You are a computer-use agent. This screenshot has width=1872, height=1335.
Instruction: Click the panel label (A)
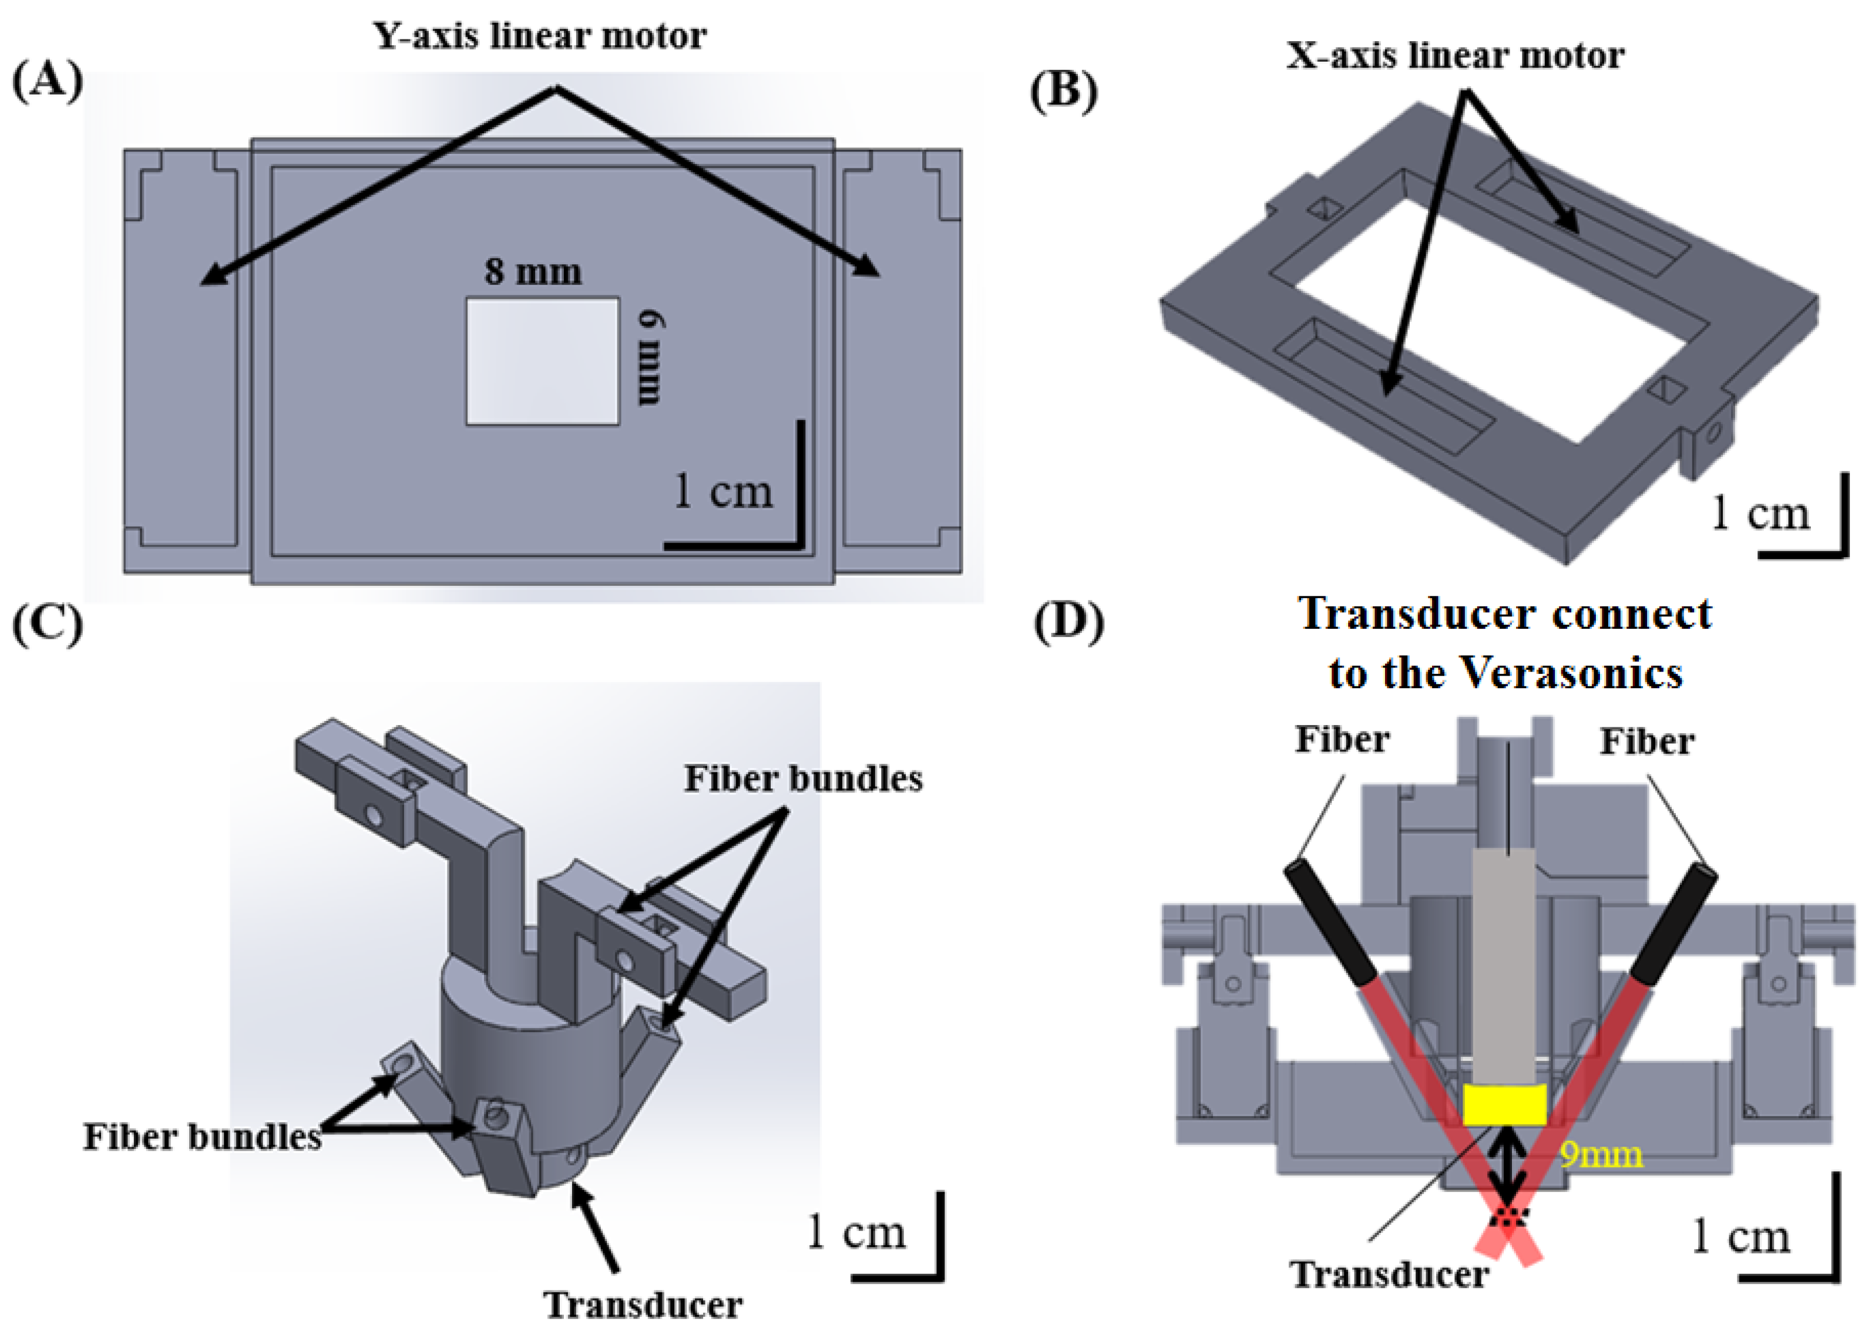tap(47, 82)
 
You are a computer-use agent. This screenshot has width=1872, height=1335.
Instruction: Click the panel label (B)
tap(1064, 91)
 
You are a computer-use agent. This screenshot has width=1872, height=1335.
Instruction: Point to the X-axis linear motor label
tap(1454, 56)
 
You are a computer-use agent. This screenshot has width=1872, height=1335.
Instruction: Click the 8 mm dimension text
tap(533, 272)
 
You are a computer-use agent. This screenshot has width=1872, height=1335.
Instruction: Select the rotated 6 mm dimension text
tap(652, 358)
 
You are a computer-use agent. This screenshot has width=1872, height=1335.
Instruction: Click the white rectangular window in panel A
tap(542, 361)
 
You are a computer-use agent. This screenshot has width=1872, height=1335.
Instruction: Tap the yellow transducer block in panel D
tap(1504, 1104)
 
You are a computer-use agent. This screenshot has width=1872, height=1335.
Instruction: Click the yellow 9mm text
tap(1601, 1155)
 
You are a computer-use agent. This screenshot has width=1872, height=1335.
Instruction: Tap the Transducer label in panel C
tap(643, 1304)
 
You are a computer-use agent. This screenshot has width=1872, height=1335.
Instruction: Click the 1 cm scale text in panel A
tap(722, 491)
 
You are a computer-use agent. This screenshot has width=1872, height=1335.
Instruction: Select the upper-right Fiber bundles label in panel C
tap(803, 778)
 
